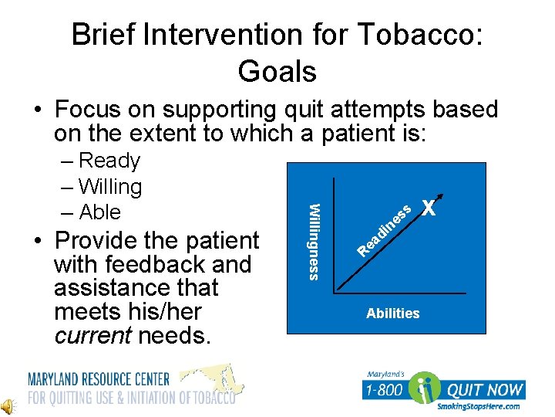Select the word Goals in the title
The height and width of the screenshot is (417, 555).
click(277, 72)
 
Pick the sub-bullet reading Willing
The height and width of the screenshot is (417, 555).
click(110, 187)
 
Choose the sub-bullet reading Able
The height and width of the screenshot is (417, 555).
click(99, 212)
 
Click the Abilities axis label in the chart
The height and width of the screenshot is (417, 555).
click(392, 313)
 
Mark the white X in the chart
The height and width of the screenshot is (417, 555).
click(429, 208)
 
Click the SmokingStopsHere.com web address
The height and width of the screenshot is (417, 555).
click(478, 406)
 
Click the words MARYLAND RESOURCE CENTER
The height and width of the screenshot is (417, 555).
click(99, 379)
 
